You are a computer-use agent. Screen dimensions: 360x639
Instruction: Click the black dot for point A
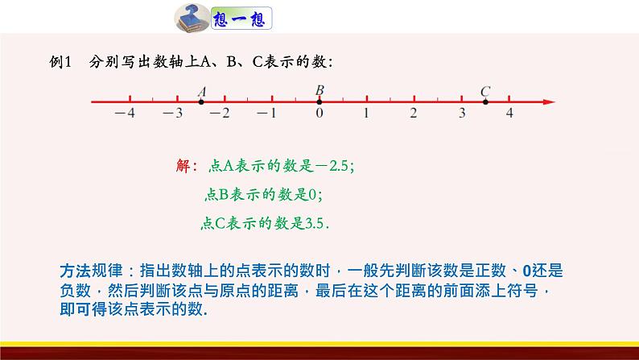(201, 101)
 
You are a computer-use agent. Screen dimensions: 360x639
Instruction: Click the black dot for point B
(319, 101)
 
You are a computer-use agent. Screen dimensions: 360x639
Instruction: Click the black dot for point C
(485, 101)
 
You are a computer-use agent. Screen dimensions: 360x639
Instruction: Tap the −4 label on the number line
(125, 114)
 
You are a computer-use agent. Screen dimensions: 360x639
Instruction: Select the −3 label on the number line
(173, 114)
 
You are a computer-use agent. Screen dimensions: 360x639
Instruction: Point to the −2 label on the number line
(220, 114)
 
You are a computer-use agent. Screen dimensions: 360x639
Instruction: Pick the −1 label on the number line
(268, 114)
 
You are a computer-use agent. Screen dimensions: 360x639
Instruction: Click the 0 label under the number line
(319, 114)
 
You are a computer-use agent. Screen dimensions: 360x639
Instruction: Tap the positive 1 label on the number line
(366, 114)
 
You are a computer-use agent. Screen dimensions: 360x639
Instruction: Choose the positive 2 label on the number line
(414, 114)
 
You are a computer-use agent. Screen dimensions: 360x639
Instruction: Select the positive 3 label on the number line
(462, 114)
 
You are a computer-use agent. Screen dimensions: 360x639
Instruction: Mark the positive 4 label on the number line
(509, 114)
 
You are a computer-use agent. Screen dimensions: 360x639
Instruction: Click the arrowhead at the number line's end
(550, 101)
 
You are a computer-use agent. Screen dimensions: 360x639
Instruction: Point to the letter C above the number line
(485, 91)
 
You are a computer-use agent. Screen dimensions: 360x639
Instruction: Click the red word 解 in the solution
(182, 167)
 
